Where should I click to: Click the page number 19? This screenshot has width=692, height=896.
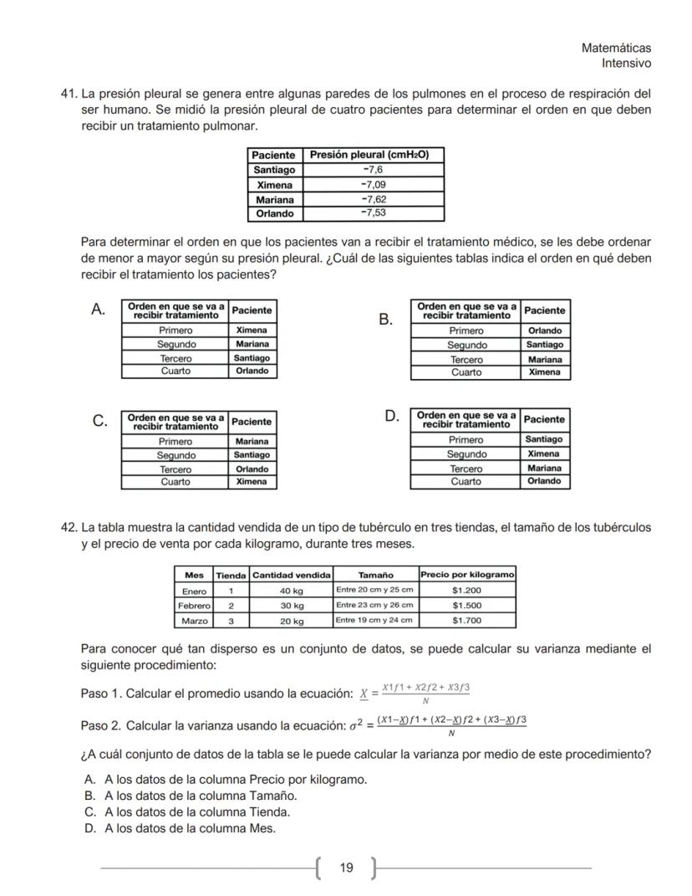click(346, 868)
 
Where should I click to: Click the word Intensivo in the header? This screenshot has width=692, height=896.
click(626, 64)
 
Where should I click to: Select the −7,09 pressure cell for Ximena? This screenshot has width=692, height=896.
click(373, 184)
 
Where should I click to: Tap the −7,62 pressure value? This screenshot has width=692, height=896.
click(373, 199)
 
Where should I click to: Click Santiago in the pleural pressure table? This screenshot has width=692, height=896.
click(274, 169)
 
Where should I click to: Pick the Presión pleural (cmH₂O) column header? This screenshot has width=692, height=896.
click(373, 155)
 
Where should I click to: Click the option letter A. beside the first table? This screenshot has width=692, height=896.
click(98, 310)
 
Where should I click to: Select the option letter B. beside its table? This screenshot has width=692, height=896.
click(385, 320)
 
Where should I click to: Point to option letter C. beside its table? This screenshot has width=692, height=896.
click(98, 421)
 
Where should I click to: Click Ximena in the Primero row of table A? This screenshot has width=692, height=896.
click(252, 330)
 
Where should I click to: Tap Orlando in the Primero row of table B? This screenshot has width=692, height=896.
click(545, 330)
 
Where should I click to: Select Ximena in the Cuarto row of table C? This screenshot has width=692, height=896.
click(252, 482)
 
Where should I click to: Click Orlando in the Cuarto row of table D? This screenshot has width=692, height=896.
click(545, 481)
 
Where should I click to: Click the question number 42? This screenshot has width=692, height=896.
click(69, 528)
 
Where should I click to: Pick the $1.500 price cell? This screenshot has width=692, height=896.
click(466, 605)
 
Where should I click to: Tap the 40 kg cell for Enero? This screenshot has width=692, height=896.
click(292, 590)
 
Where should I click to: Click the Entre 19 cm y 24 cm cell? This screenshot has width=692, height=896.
click(374, 620)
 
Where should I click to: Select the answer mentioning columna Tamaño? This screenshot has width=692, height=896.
click(201, 796)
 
